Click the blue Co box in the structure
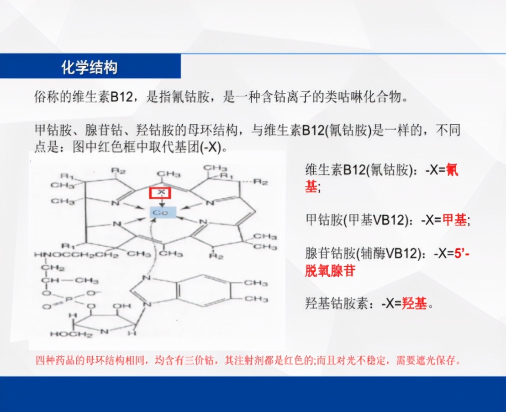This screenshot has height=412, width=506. [160, 212]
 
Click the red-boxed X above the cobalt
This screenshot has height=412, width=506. [160, 193]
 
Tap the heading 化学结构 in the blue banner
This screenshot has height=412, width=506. [90, 68]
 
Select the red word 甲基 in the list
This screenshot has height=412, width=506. [454, 220]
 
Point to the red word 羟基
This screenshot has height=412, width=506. [414, 303]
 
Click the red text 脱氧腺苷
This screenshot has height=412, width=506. [330, 270]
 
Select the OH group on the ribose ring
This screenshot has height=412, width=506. [118, 306]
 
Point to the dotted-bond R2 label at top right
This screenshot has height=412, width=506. [261, 182]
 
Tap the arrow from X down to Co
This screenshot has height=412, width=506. [161, 202]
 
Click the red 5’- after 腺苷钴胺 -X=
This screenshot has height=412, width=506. [462, 254]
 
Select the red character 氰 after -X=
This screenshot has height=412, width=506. [452, 170]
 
